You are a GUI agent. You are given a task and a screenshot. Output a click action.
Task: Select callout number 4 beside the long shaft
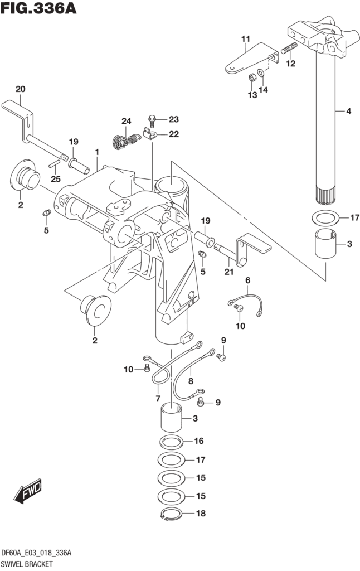pos(348,112)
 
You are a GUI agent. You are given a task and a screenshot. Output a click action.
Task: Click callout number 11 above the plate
pos(245,38)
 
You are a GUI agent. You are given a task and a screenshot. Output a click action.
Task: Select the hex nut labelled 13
pos(251,75)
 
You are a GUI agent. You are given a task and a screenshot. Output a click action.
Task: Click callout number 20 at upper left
pos(20,89)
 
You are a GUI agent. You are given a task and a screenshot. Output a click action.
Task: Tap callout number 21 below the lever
pos(228,272)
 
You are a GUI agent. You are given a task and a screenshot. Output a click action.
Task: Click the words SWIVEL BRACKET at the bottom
pos(28,563)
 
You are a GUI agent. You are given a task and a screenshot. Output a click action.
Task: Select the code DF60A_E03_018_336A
pos(38,553)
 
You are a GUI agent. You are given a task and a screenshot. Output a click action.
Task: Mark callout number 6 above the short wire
pos(247,280)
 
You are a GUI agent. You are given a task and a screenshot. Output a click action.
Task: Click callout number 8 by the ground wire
pos(190,382)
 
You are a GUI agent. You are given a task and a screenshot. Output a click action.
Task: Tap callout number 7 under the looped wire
pos(158,398)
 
